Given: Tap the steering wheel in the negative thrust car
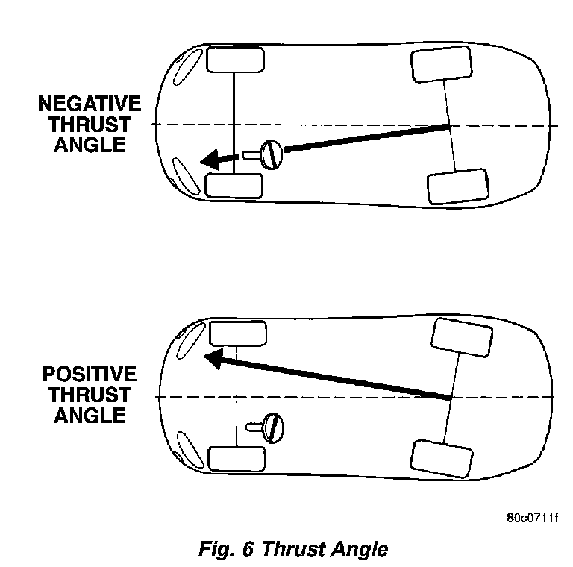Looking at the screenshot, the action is coord(272,154).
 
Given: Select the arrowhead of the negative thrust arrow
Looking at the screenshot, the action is coord(211,158).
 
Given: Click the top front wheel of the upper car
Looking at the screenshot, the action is coord(234,60).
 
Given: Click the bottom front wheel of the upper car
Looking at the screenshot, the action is coord(234,185).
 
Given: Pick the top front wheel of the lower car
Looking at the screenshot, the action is coord(238,333).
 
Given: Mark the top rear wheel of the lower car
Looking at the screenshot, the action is coord(463,338).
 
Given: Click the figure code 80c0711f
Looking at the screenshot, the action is coord(532,518).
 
